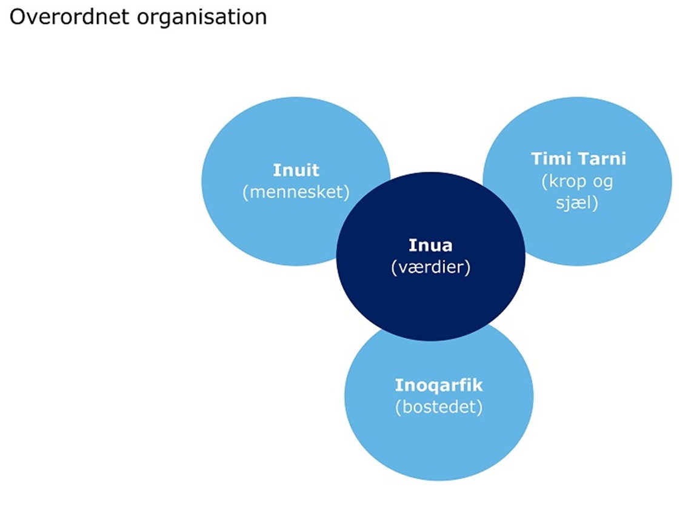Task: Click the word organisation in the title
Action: point(202,17)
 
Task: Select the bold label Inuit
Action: point(296,170)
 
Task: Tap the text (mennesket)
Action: point(296,192)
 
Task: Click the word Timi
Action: point(551,159)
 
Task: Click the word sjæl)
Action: point(577,203)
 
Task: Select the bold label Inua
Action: point(430,246)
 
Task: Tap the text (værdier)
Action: point(430,267)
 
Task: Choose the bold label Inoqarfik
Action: point(439,385)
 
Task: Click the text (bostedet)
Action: point(439,407)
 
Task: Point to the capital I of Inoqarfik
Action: point(398,385)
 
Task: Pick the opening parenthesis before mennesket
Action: point(245,192)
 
